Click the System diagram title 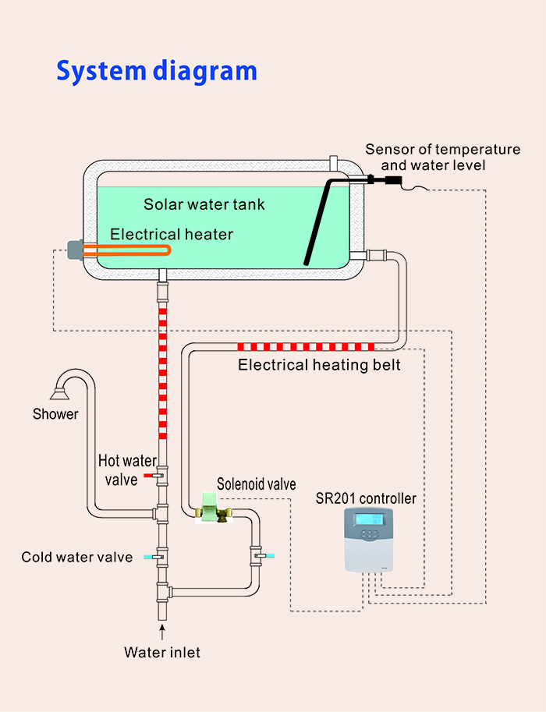[x=156, y=70]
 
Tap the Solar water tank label [x=204, y=204]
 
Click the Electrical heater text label [x=172, y=233]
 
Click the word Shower [x=55, y=414]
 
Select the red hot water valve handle [x=149, y=475]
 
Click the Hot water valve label [x=128, y=470]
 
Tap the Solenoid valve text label [x=257, y=484]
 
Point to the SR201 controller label [x=366, y=498]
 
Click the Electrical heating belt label [x=319, y=364]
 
